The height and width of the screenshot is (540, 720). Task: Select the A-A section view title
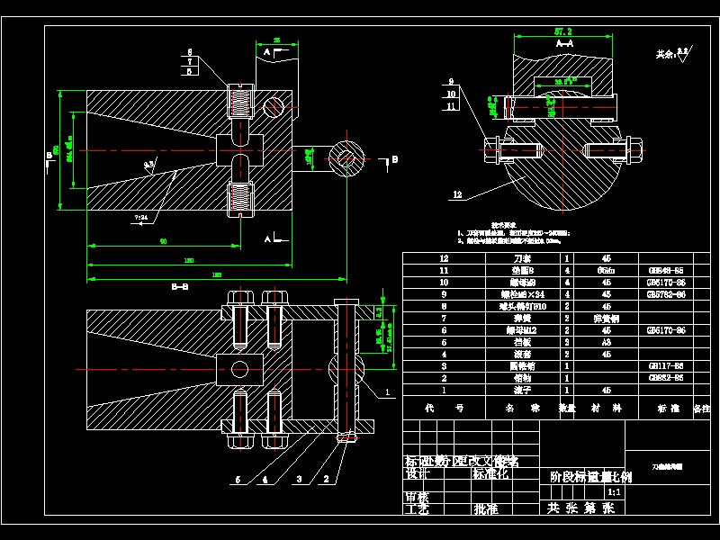pos(565,43)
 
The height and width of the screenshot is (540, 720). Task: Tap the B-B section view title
pos(180,287)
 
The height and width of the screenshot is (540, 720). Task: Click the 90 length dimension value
pos(163,241)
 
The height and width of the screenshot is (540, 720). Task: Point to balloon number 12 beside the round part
pos(457,194)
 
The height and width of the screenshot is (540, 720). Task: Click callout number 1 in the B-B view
pos(388,392)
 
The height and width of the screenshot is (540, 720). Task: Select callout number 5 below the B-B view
pos(238,480)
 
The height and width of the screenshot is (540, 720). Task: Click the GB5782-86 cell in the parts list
pos(666,293)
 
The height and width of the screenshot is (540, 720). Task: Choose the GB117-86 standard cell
pos(666,367)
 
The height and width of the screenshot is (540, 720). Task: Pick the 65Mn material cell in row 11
pos(607,269)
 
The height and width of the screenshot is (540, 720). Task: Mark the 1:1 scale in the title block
pos(615,492)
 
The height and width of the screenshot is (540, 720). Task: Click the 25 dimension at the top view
pos(276,40)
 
